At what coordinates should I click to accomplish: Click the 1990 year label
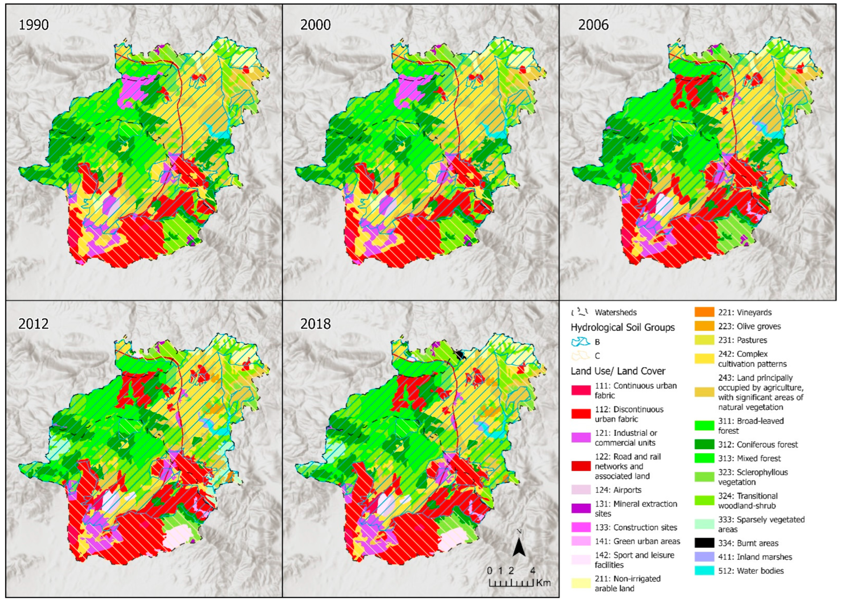coord(33,25)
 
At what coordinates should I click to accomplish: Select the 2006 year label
coord(593,25)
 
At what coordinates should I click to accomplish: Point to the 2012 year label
coord(33,324)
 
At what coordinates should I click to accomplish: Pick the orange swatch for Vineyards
coord(704,312)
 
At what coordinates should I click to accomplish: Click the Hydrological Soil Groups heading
coord(622,327)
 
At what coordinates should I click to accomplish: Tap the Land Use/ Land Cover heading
coord(618,371)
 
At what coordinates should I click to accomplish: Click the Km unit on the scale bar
coord(543,583)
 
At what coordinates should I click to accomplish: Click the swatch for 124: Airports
coord(581,490)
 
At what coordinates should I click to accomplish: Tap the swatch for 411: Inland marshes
coord(704,557)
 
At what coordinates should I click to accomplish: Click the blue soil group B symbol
coord(580,341)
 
